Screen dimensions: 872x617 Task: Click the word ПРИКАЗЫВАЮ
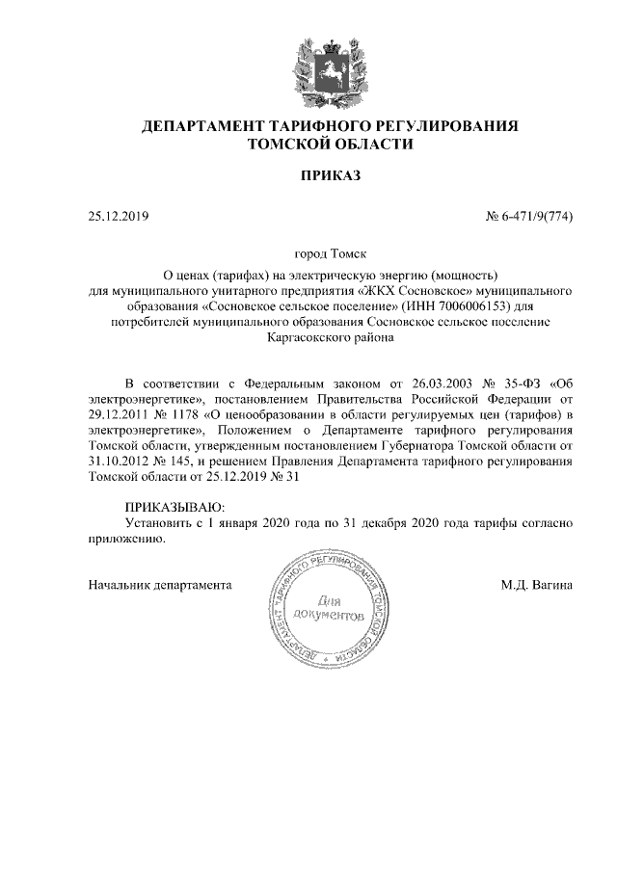(174, 507)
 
